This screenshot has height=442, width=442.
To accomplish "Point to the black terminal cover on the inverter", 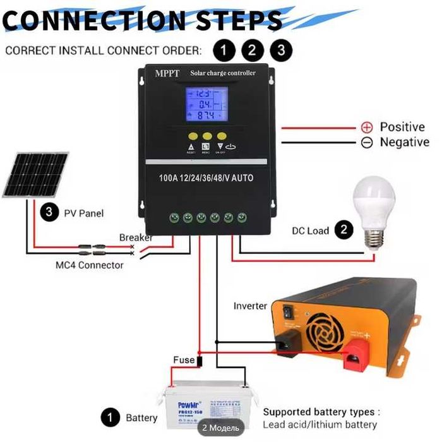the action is point(287,341).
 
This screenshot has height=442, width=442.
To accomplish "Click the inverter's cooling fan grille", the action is point(328,328).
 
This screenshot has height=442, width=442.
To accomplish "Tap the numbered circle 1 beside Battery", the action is point(111,417).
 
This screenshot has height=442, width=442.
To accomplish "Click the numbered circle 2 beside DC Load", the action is point(343,230).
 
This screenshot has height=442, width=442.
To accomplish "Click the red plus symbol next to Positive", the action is point(367,127).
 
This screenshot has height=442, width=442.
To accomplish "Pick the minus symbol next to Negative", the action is point(367,143).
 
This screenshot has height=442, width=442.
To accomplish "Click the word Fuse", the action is point(184,360).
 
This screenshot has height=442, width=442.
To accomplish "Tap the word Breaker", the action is point(136,238).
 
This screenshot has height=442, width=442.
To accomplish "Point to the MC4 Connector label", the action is point(89,265).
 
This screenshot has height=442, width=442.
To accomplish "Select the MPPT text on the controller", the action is point(167,73).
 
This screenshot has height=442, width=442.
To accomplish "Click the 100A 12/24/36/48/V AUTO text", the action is point(206,178).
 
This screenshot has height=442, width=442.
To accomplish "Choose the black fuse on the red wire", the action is point(199,362).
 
